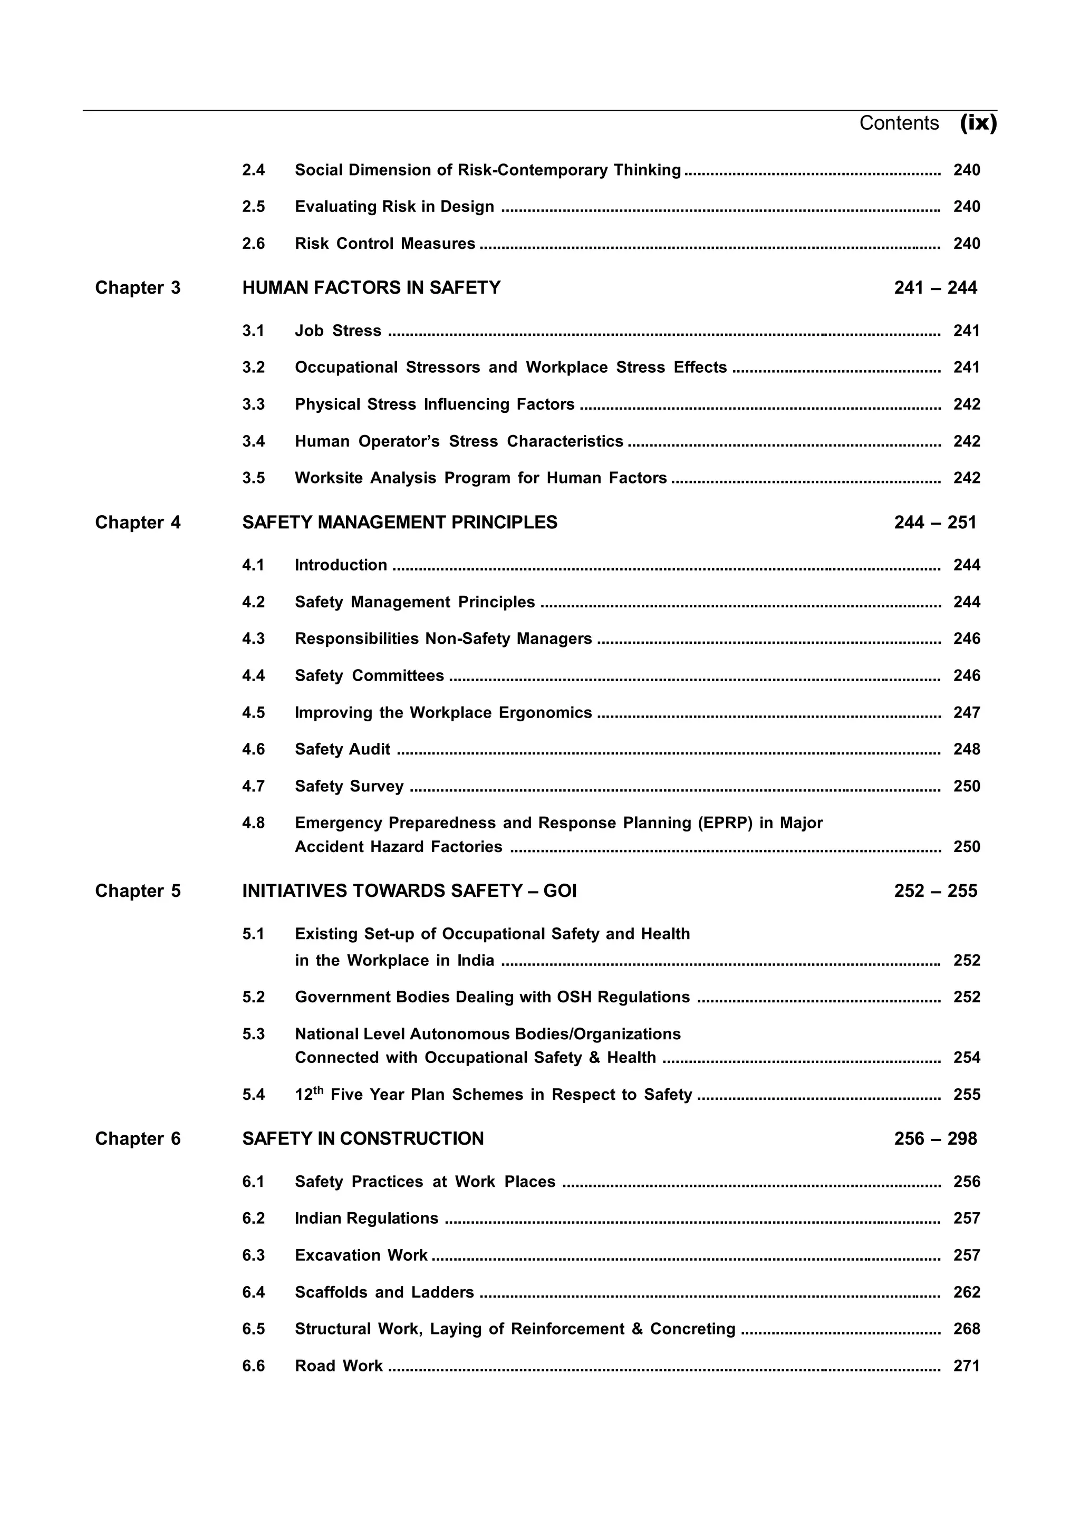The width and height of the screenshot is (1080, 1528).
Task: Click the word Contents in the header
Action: tap(899, 123)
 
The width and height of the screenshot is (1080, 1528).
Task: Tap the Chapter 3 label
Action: tap(138, 288)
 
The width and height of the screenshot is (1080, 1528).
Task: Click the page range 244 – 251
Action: tap(935, 523)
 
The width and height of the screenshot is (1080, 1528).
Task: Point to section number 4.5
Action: tap(253, 713)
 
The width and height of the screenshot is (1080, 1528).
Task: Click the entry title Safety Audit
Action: tap(342, 749)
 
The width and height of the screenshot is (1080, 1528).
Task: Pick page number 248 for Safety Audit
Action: tap(966, 749)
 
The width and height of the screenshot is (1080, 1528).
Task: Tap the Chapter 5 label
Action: tap(138, 891)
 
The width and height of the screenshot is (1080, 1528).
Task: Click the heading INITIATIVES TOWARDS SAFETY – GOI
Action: tap(409, 891)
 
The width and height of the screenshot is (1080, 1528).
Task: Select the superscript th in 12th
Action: tap(318, 1089)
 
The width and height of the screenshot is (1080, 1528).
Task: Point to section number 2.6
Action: tap(253, 244)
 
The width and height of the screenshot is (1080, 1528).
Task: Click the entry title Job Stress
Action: tap(338, 331)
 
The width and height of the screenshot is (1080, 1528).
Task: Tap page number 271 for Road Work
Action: tap(966, 1366)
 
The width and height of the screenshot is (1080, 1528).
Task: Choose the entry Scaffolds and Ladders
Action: tap(384, 1292)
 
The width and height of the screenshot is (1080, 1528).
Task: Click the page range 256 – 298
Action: tap(935, 1139)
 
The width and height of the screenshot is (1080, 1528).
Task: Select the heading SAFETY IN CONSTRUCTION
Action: tap(363, 1139)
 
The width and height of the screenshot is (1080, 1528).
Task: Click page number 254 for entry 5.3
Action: tap(966, 1058)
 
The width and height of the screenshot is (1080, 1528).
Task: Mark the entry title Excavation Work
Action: tap(361, 1255)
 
